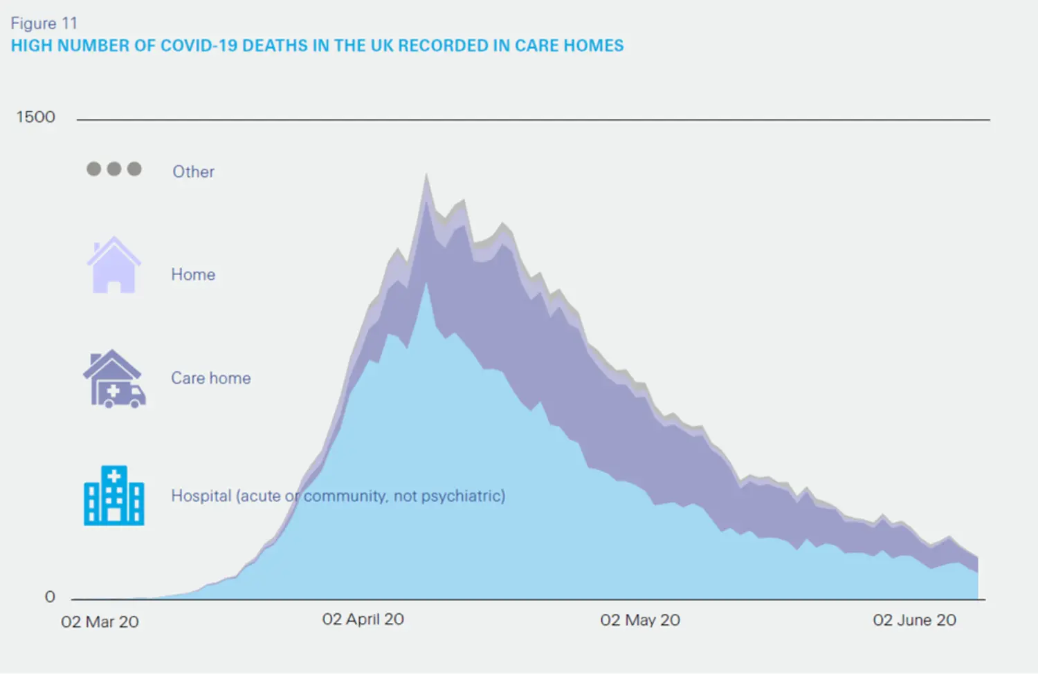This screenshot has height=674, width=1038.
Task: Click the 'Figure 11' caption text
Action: tap(44, 24)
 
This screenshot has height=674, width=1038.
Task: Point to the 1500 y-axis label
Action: tap(35, 117)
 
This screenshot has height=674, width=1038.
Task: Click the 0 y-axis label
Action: tap(50, 597)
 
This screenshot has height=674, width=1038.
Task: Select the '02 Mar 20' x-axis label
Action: tap(100, 621)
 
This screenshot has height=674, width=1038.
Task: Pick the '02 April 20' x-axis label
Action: tap(363, 619)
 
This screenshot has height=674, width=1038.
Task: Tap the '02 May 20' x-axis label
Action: tap(639, 620)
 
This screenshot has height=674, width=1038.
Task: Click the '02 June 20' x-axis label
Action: tap(914, 620)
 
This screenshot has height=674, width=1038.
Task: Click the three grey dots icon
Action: tap(114, 169)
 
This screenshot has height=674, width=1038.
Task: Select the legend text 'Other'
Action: tap(193, 171)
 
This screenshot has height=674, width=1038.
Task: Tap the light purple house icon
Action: tap(113, 265)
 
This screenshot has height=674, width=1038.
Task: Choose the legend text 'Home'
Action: tap(193, 274)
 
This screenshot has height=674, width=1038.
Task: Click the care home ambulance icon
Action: tap(114, 379)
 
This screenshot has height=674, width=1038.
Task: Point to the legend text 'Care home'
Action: tap(211, 378)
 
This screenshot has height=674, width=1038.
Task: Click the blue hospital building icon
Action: tap(114, 496)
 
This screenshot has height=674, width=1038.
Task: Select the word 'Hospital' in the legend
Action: tap(201, 496)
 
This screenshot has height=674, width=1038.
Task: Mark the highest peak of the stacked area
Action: tap(426, 175)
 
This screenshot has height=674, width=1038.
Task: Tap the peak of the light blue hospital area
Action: tap(426, 283)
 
